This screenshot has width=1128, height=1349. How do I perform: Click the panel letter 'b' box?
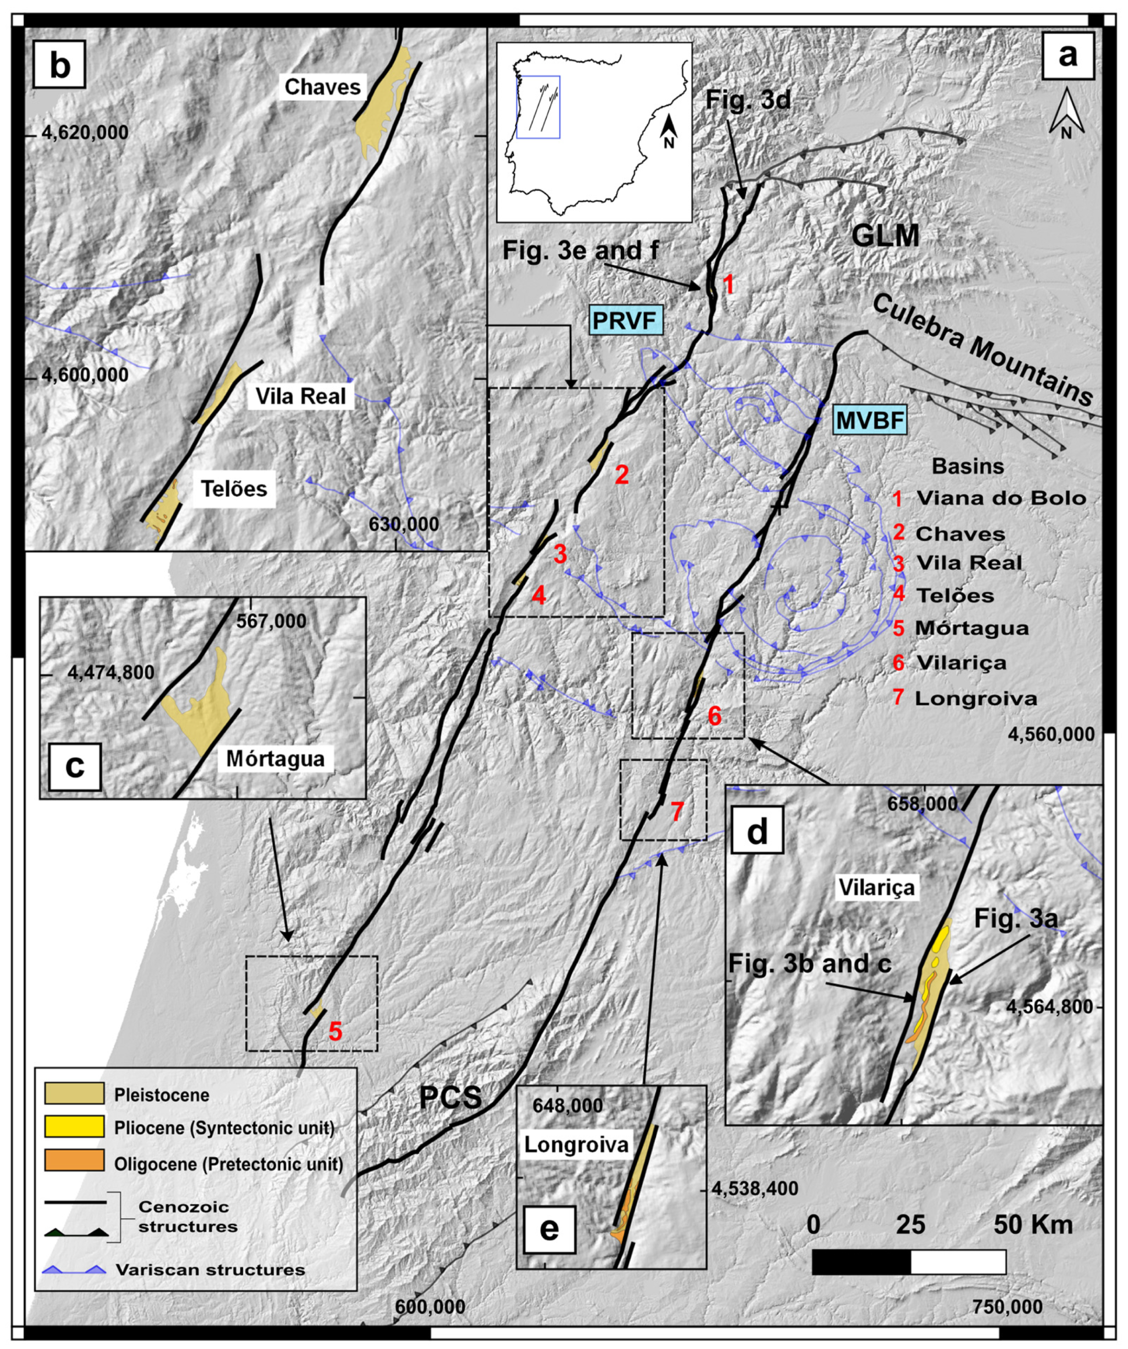coord(60,66)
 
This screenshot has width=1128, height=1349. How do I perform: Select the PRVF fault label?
coord(625,320)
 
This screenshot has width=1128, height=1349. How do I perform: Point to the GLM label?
coord(885,236)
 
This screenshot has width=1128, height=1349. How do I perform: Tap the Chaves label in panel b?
coord(322,87)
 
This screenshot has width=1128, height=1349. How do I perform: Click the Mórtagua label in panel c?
coord(275,759)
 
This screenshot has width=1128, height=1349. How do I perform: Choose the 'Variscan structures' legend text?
coord(210,1269)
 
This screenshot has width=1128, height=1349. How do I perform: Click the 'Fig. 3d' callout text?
coord(748,100)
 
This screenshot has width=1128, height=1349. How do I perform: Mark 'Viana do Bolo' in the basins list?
coord(1001,498)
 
